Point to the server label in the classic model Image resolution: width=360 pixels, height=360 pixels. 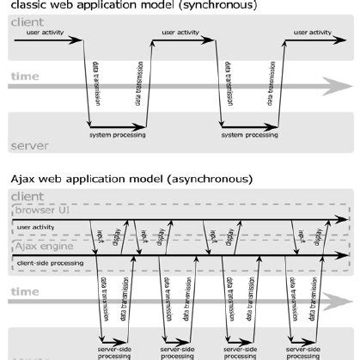[28, 146]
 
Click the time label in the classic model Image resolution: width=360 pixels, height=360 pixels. [24, 77]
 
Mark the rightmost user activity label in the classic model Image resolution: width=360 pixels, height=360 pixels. [313, 34]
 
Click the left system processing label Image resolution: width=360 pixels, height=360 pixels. [117, 135]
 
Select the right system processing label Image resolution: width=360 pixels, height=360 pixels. [249, 135]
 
